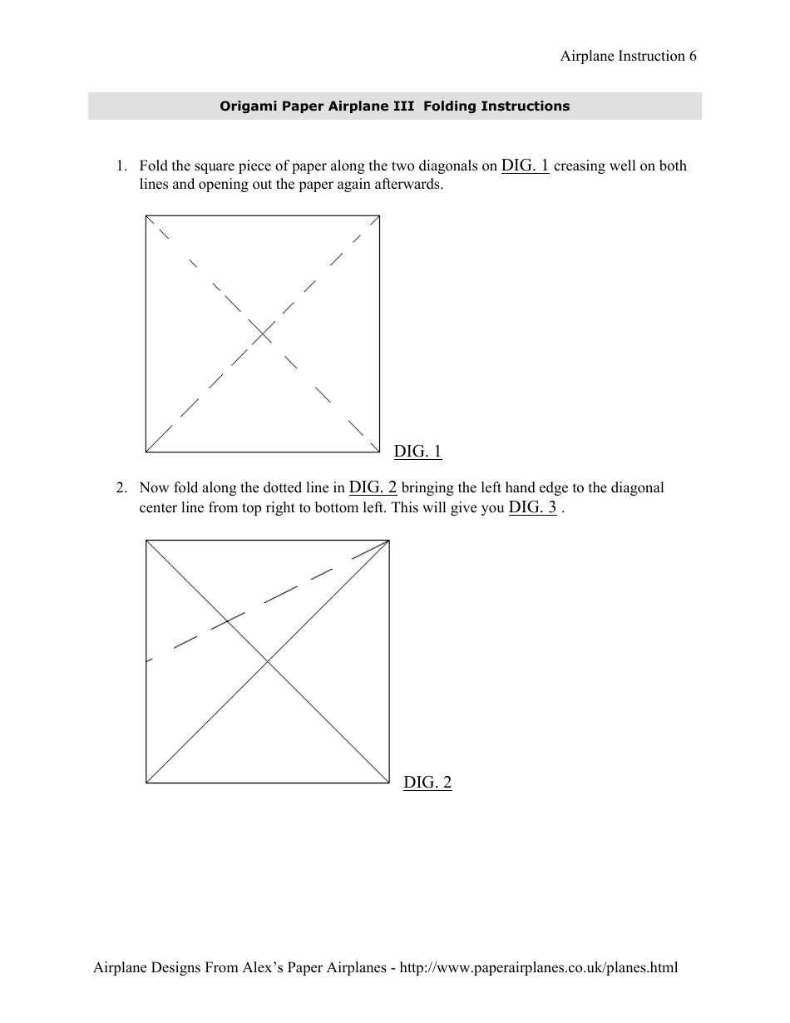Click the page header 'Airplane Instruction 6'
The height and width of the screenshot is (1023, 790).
tap(628, 57)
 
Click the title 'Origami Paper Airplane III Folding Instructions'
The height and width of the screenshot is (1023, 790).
tap(394, 106)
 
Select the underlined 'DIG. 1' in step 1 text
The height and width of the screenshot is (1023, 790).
tap(525, 165)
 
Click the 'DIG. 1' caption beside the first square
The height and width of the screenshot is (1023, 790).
tap(417, 452)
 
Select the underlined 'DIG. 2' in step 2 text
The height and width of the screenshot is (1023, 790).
tap(373, 487)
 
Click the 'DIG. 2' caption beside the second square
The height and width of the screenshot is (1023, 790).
tap(427, 782)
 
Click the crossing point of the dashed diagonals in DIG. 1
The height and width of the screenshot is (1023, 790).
tap(263, 334)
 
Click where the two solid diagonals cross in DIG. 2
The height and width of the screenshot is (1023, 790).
tap(268, 661)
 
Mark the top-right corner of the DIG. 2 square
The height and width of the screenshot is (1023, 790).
tap(389, 541)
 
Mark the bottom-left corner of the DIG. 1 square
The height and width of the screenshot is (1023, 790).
tap(146, 452)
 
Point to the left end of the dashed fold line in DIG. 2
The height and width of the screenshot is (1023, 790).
tap(147, 661)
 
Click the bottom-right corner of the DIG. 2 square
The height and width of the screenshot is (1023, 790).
tap(389, 782)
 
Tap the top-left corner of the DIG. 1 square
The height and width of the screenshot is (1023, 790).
tap(146, 216)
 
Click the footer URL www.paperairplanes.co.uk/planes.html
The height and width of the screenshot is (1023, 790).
tap(539, 967)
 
